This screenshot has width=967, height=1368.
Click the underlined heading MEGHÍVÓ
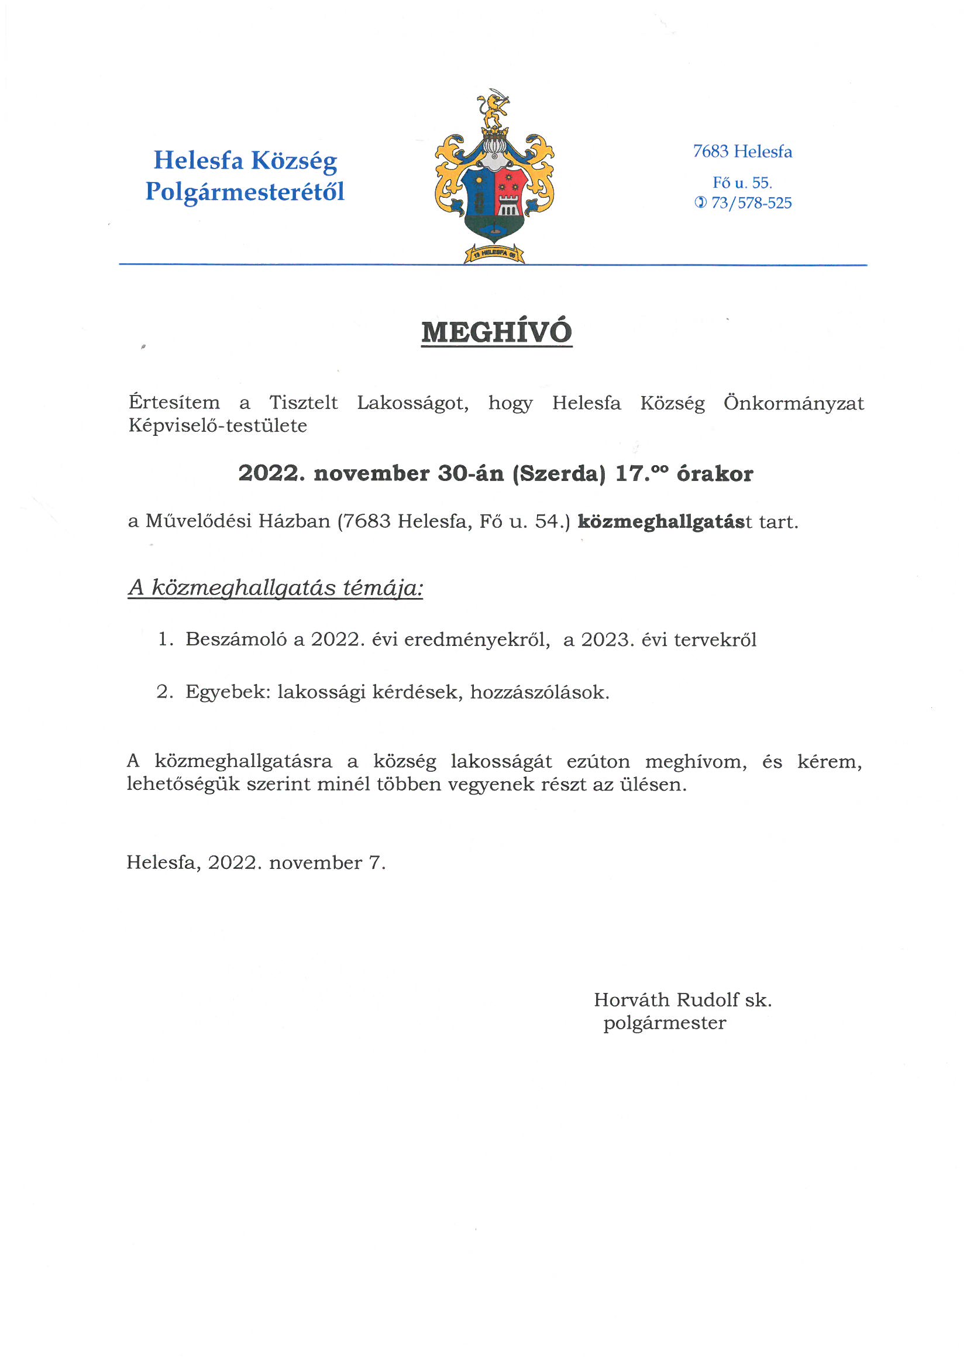(496, 332)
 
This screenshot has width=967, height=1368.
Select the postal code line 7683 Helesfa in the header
(742, 152)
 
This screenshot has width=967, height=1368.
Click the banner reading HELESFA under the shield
(494, 255)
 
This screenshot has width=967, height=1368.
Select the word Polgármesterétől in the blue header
(245, 192)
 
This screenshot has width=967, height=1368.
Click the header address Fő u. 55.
(742, 183)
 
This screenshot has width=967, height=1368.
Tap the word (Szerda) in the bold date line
(559, 474)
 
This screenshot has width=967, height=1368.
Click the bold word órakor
(714, 475)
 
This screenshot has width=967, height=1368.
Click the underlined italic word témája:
(383, 588)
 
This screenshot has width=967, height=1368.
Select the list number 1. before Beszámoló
(166, 640)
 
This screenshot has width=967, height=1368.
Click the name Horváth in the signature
(631, 999)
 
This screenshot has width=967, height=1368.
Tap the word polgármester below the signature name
(665, 1023)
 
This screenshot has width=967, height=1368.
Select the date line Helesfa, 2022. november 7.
(256, 862)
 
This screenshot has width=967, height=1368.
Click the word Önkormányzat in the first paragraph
(794, 403)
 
